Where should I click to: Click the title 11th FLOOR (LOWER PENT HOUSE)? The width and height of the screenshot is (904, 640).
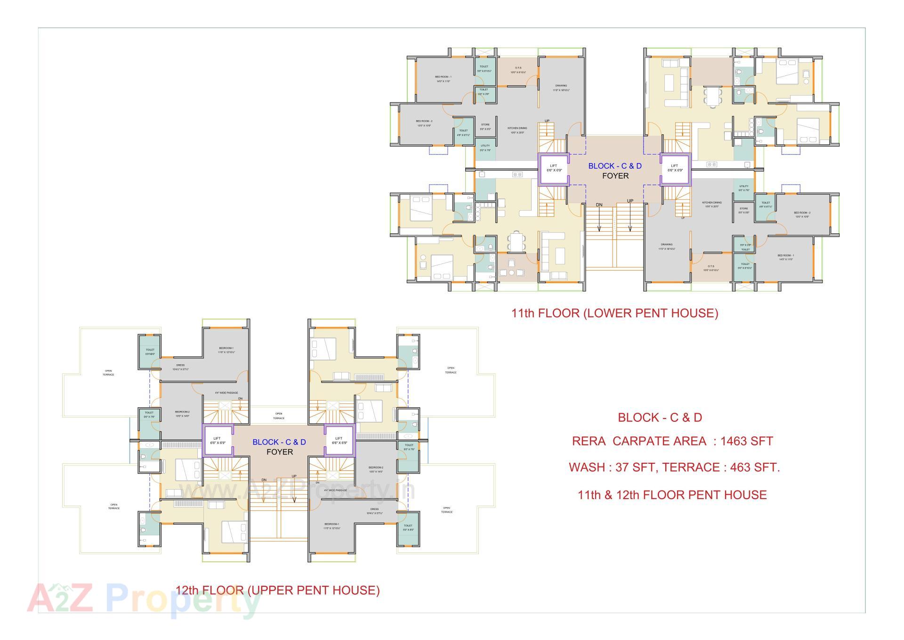[x=614, y=313]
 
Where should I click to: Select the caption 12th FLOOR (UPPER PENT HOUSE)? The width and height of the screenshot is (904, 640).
[x=277, y=590]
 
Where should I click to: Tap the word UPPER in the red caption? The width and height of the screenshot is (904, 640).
[x=269, y=590]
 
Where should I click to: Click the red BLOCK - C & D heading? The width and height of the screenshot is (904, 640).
[x=660, y=418]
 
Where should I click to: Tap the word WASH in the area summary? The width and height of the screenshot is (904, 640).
[x=584, y=468]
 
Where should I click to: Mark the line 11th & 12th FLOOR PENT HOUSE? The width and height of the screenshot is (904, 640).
[x=672, y=495]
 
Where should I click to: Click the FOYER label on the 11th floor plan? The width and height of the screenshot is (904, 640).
[x=615, y=176]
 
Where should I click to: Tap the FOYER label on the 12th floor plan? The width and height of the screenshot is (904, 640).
[x=280, y=452]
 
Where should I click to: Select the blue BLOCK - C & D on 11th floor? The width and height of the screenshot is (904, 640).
[x=615, y=166]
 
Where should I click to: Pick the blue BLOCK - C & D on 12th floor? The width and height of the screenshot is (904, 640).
[x=279, y=442]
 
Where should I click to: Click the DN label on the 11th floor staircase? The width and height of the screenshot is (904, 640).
[x=599, y=205]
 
